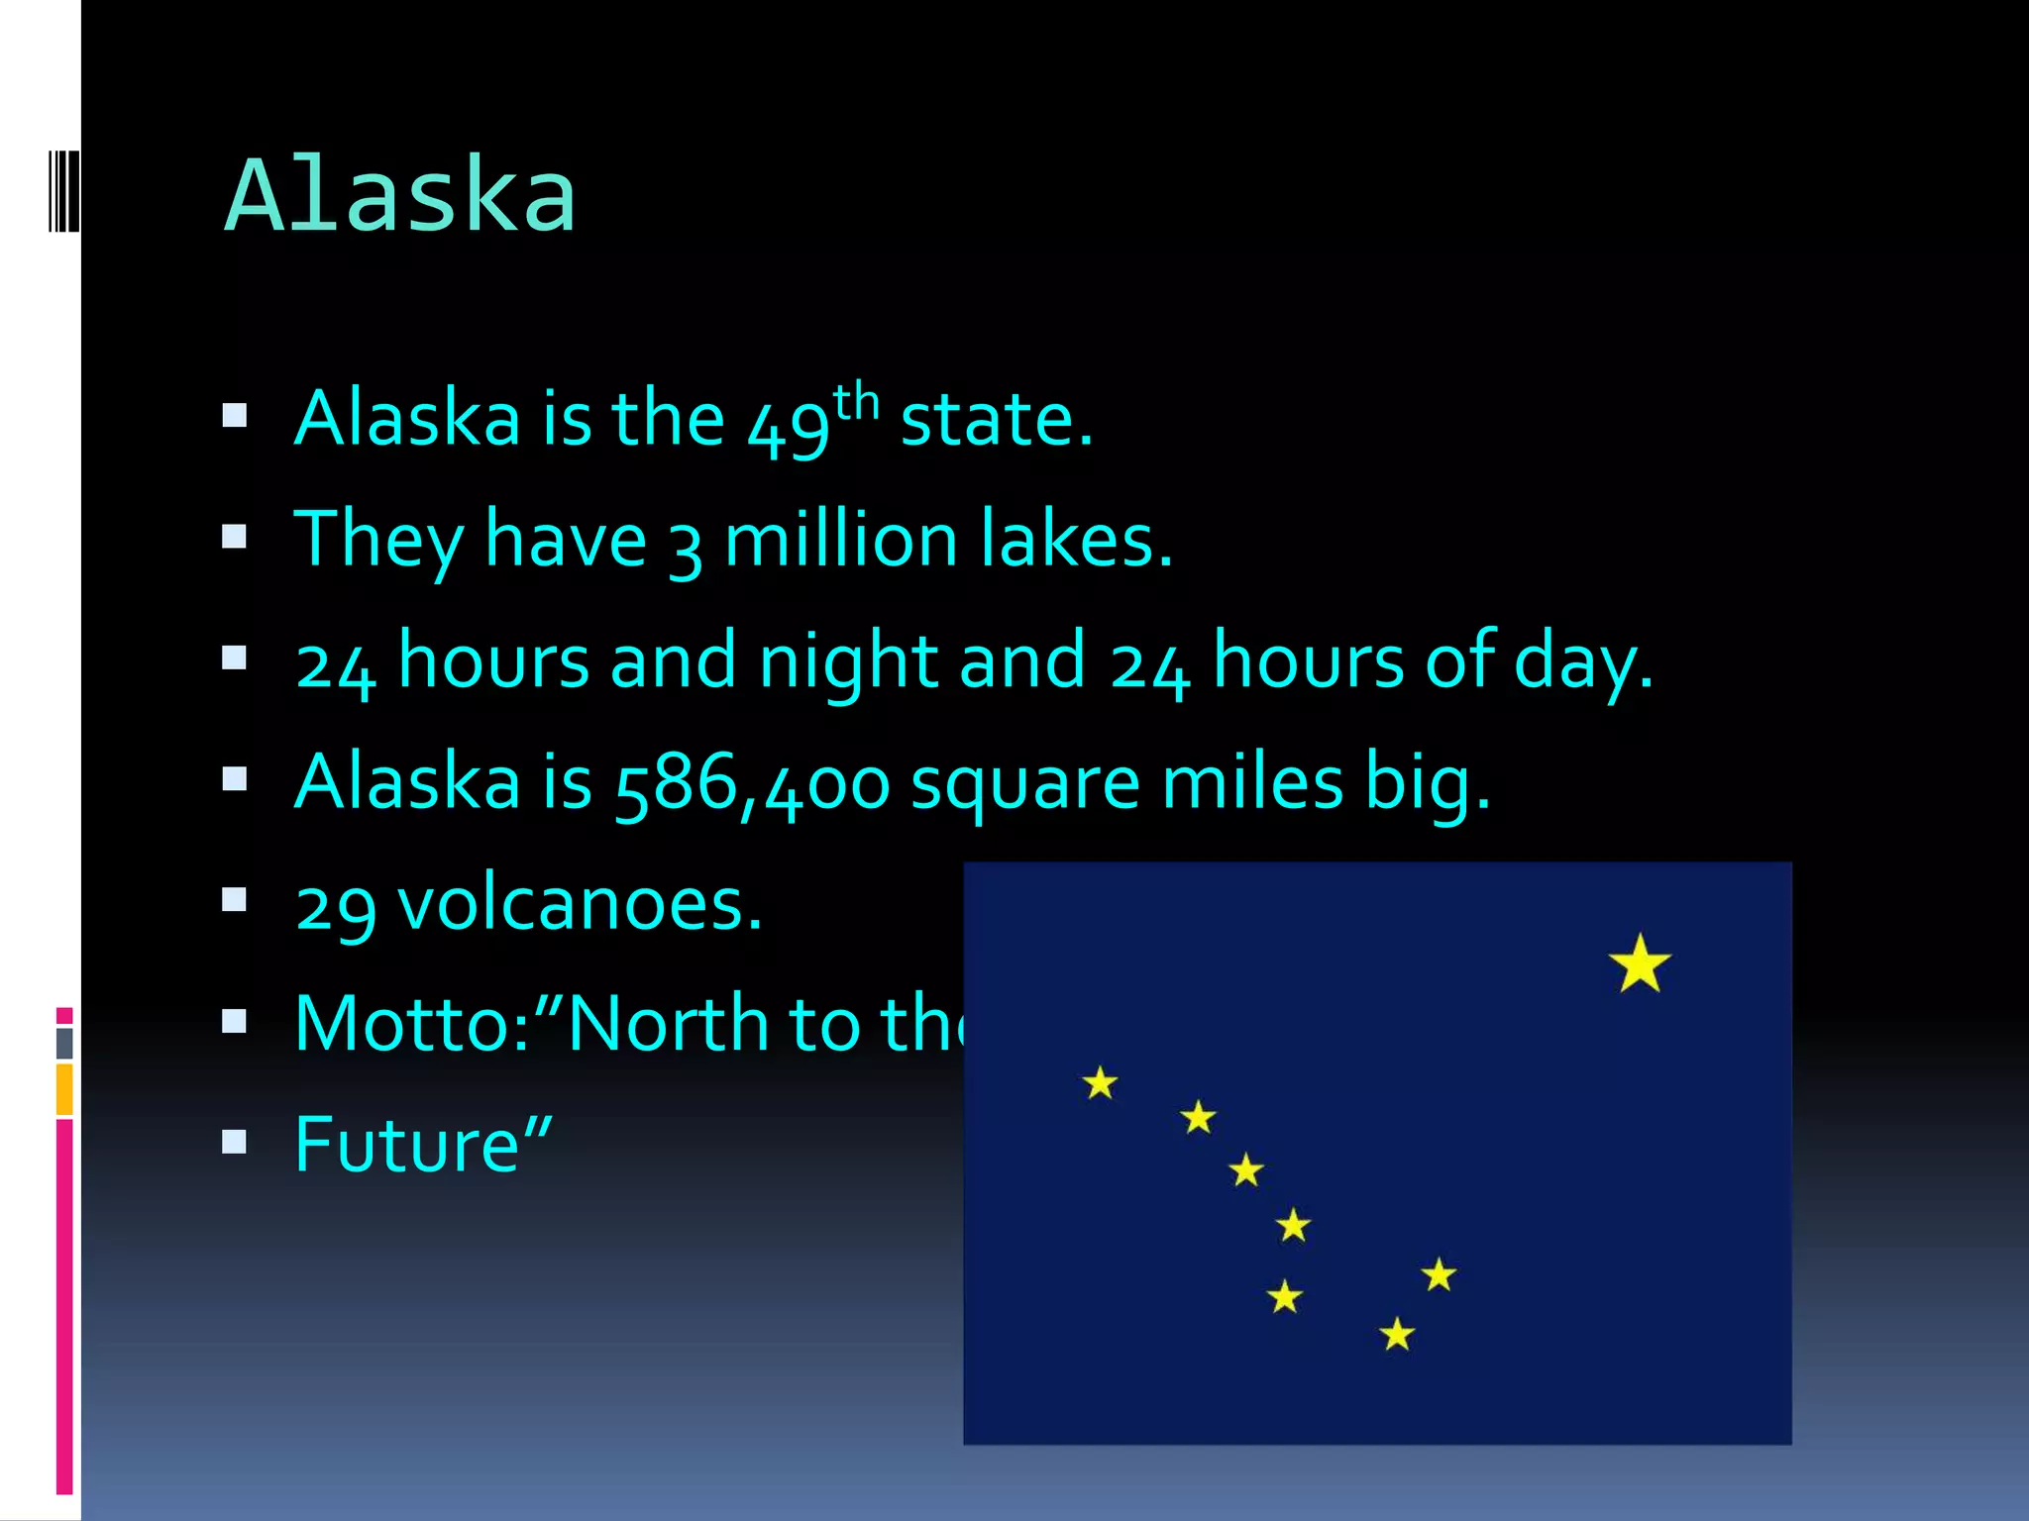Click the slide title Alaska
coord(400,195)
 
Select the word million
coord(841,541)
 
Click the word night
coord(847,661)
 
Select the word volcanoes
coord(580,904)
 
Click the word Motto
coord(412,1024)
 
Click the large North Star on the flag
coord(1640,963)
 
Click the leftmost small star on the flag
coord(1100,1083)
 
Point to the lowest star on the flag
coord(1397,1335)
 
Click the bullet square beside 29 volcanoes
coord(235,899)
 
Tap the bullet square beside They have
coord(235,537)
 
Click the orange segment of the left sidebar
coord(64,1089)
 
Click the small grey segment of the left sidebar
coord(64,1043)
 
